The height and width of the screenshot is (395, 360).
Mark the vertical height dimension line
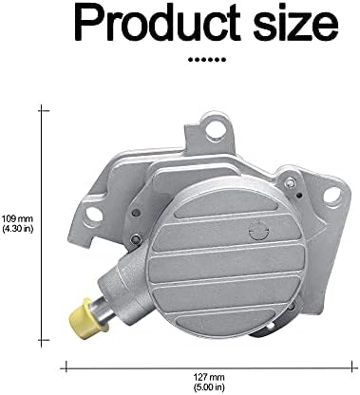coord(43,223)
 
